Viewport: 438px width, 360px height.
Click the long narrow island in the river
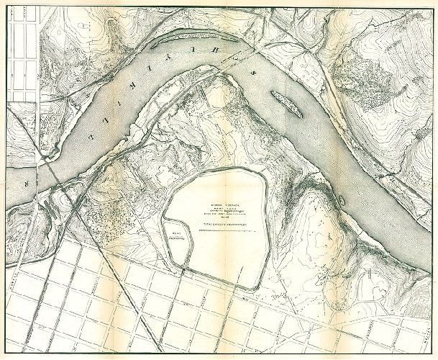tap(286, 102)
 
